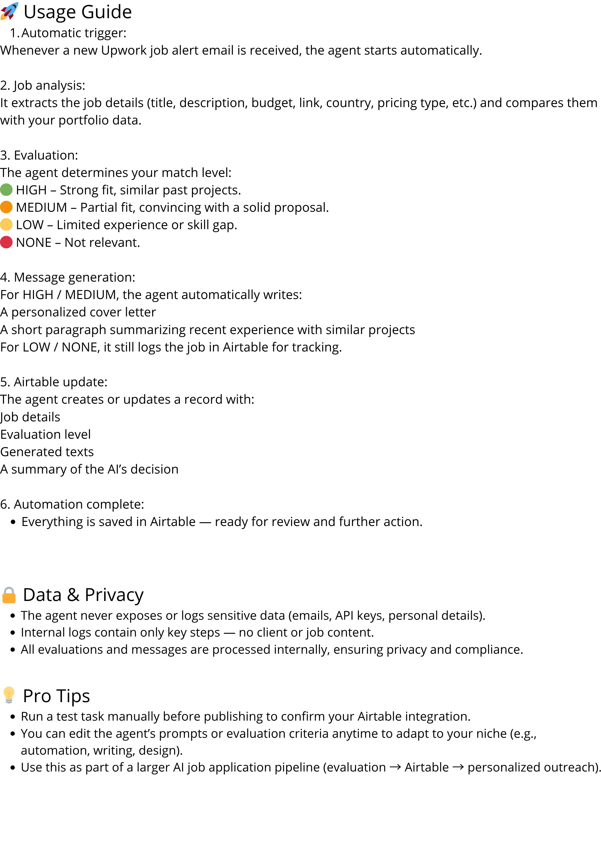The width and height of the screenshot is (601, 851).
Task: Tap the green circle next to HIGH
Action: pos(6,190)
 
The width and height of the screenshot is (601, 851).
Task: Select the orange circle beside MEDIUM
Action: pos(6,207)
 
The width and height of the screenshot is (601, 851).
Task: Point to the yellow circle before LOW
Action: pos(6,225)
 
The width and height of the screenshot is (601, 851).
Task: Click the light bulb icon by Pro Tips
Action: pos(9,695)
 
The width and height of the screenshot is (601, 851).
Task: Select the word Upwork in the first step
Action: pos(123,50)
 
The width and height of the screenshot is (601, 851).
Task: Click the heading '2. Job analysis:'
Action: pos(43,85)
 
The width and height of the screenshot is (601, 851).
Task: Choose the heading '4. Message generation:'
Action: pos(68,277)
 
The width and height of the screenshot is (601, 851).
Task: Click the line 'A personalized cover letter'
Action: pos(78,312)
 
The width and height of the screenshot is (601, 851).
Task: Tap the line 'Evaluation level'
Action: pos(46,434)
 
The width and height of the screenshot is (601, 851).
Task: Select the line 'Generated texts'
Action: pos(47,452)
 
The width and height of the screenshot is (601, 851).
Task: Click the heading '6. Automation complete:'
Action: pos(72,504)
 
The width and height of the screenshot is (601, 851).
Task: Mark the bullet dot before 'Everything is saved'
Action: pos(13,522)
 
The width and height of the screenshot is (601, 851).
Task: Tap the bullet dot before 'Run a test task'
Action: pos(13,717)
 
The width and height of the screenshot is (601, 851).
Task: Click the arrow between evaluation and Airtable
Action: pos(395,767)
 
